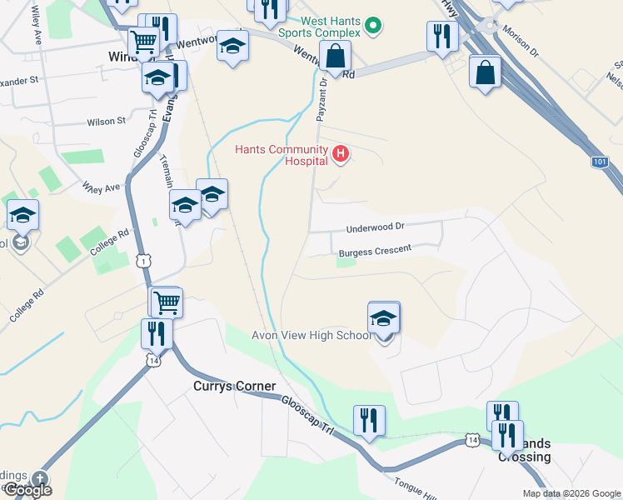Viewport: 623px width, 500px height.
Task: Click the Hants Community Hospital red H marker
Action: coord(340,153)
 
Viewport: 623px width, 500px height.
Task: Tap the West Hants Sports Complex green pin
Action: coord(373,27)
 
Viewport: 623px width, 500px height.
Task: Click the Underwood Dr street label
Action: coord(376,227)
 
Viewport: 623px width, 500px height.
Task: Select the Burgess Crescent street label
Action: coord(375,251)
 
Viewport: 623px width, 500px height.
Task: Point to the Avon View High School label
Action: coord(312,335)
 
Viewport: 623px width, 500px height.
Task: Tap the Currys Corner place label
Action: coord(228,386)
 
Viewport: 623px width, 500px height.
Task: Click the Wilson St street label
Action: coord(107,121)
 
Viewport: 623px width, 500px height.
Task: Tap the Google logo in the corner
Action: coord(27,489)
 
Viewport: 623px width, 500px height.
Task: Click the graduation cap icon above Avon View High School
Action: coord(384,317)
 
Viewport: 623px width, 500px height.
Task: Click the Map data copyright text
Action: coord(571,493)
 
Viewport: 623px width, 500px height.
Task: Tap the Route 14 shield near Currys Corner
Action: coord(152,360)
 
